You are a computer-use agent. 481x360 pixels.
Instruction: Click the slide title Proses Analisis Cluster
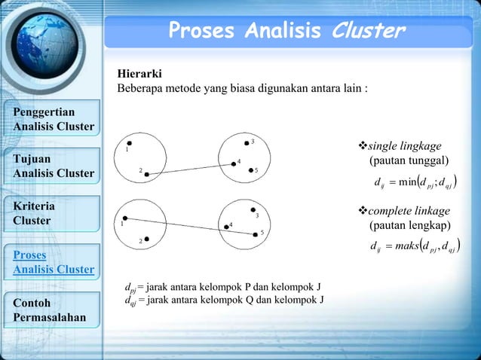click(x=286, y=31)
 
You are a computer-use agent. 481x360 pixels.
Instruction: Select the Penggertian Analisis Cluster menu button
click(x=53, y=119)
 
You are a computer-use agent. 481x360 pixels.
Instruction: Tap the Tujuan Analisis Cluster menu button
click(x=53, y=166)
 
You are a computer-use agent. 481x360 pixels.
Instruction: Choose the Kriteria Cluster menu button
click(x=53, y=213)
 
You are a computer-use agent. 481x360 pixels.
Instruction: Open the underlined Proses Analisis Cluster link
click(x=53, y=261)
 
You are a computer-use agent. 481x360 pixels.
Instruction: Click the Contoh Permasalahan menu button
click(x=53, y=310)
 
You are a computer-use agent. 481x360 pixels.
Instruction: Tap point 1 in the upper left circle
click(x=130, y=143)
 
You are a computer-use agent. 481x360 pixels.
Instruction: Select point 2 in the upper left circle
click(x=147, y=174)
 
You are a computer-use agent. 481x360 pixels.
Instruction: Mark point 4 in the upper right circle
click(x=233, y=163)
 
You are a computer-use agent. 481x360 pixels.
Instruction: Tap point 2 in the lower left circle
click(x=146, y=239)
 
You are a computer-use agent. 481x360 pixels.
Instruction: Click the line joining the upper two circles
click(x=190, y=169)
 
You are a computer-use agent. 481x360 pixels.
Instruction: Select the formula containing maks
click(x=417, y=246)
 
